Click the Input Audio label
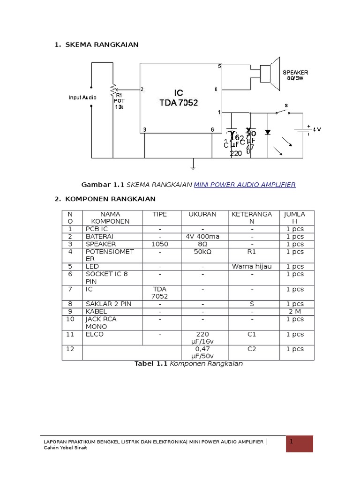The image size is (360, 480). coord(82,97)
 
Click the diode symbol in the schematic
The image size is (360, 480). coord(268,132)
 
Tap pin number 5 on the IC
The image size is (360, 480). coord(219,67)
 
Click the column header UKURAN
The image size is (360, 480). coord(202,214)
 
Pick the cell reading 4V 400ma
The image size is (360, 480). coord(202,237)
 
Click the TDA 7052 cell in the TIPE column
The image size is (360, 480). coord(160,292)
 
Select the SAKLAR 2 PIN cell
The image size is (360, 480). coord(108,304)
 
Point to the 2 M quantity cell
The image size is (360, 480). coord(295,311)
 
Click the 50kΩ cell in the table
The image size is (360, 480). coord(202,252)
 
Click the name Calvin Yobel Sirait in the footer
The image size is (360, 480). coord(67,448)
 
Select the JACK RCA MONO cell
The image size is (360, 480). coord(101,322)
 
